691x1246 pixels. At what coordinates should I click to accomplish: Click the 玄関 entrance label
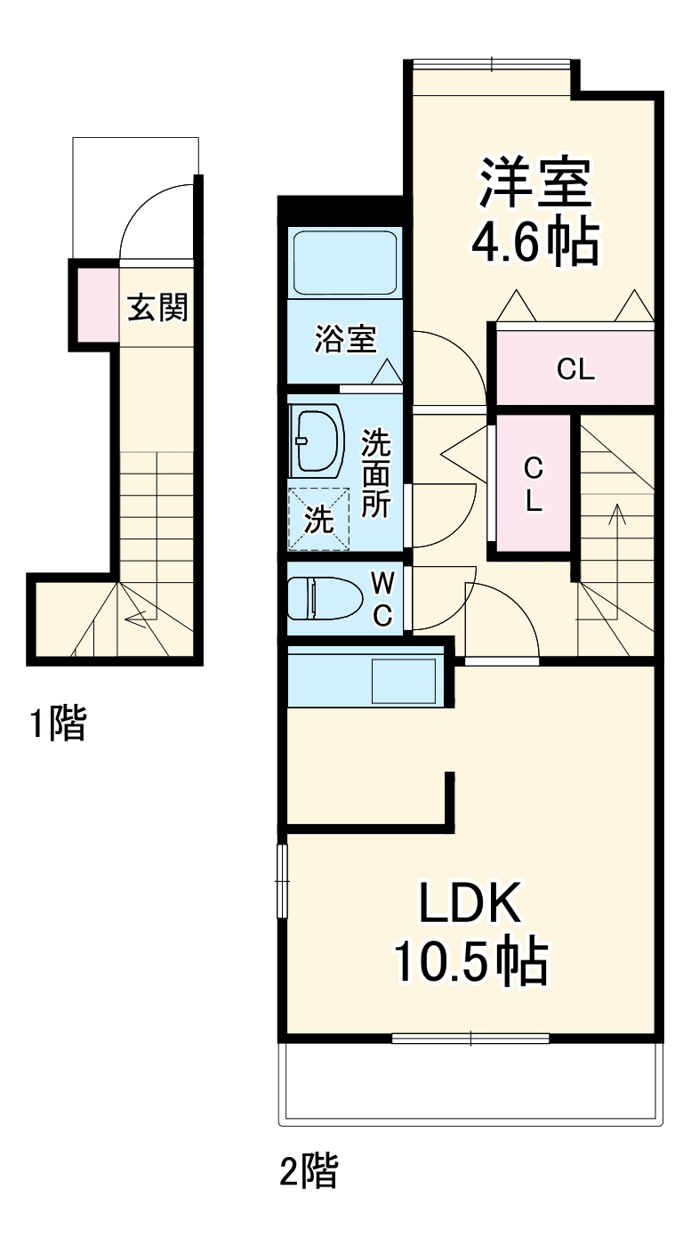click(157, 308)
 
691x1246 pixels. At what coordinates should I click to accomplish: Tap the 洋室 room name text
click(534, 182)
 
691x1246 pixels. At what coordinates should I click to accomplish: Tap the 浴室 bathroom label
click(345, 338)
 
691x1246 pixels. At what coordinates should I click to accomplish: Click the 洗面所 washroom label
click(376, 473)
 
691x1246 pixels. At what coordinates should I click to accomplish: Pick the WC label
click(382, 599)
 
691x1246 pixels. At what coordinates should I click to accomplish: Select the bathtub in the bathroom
click(344, 264)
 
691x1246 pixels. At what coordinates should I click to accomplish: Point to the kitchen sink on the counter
click(405, 682)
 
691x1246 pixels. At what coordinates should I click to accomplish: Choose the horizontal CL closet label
click(575, 368)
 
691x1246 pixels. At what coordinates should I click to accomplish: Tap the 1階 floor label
click(59, 723)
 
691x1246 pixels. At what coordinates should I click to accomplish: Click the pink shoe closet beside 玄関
click(96, 304)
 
